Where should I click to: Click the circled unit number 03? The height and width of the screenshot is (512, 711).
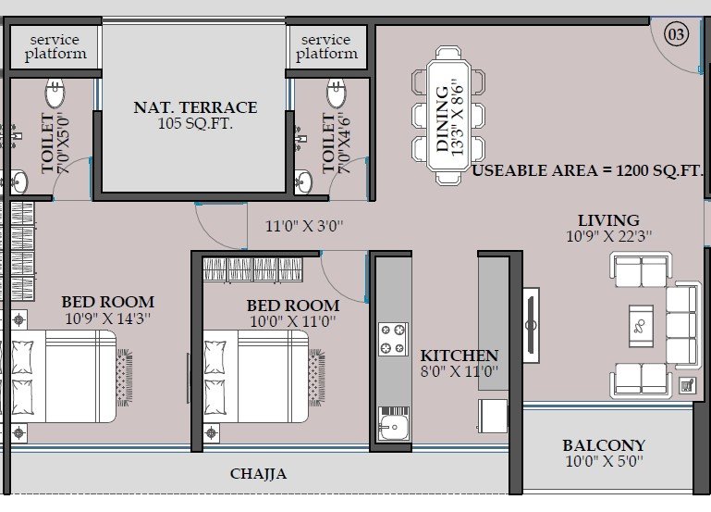(676, 34)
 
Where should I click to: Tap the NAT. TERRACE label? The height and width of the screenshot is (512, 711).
(195, 107)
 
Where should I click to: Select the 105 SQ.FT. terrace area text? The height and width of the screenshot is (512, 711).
(195, 123)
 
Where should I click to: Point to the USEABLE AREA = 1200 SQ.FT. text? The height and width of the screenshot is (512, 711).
(587, 170)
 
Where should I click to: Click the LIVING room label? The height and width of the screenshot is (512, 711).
(608, 220)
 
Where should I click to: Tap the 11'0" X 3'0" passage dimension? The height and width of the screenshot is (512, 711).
(304, 226)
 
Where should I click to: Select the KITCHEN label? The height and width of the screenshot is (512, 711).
(459, 355)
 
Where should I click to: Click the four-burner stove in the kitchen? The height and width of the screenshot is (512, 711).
(393, 339)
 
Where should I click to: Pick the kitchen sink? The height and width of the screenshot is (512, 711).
(393, 424)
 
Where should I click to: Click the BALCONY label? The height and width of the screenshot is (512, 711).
(604, 445)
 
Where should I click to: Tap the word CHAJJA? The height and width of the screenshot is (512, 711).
(258, 474)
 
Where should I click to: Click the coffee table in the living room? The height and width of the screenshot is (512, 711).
(641, 326)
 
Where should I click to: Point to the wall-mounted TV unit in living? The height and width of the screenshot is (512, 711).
(531, 325)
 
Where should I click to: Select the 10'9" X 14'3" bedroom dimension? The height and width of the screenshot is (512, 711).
(107, 318)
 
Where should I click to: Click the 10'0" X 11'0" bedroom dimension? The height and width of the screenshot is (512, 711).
(293, 321)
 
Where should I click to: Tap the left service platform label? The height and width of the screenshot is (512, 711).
(55, 46)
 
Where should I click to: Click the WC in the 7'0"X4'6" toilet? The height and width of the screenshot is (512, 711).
(336, 93)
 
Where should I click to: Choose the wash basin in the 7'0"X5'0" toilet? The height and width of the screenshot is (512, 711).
(18, 182)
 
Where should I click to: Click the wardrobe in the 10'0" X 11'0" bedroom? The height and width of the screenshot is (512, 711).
(253, 269)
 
